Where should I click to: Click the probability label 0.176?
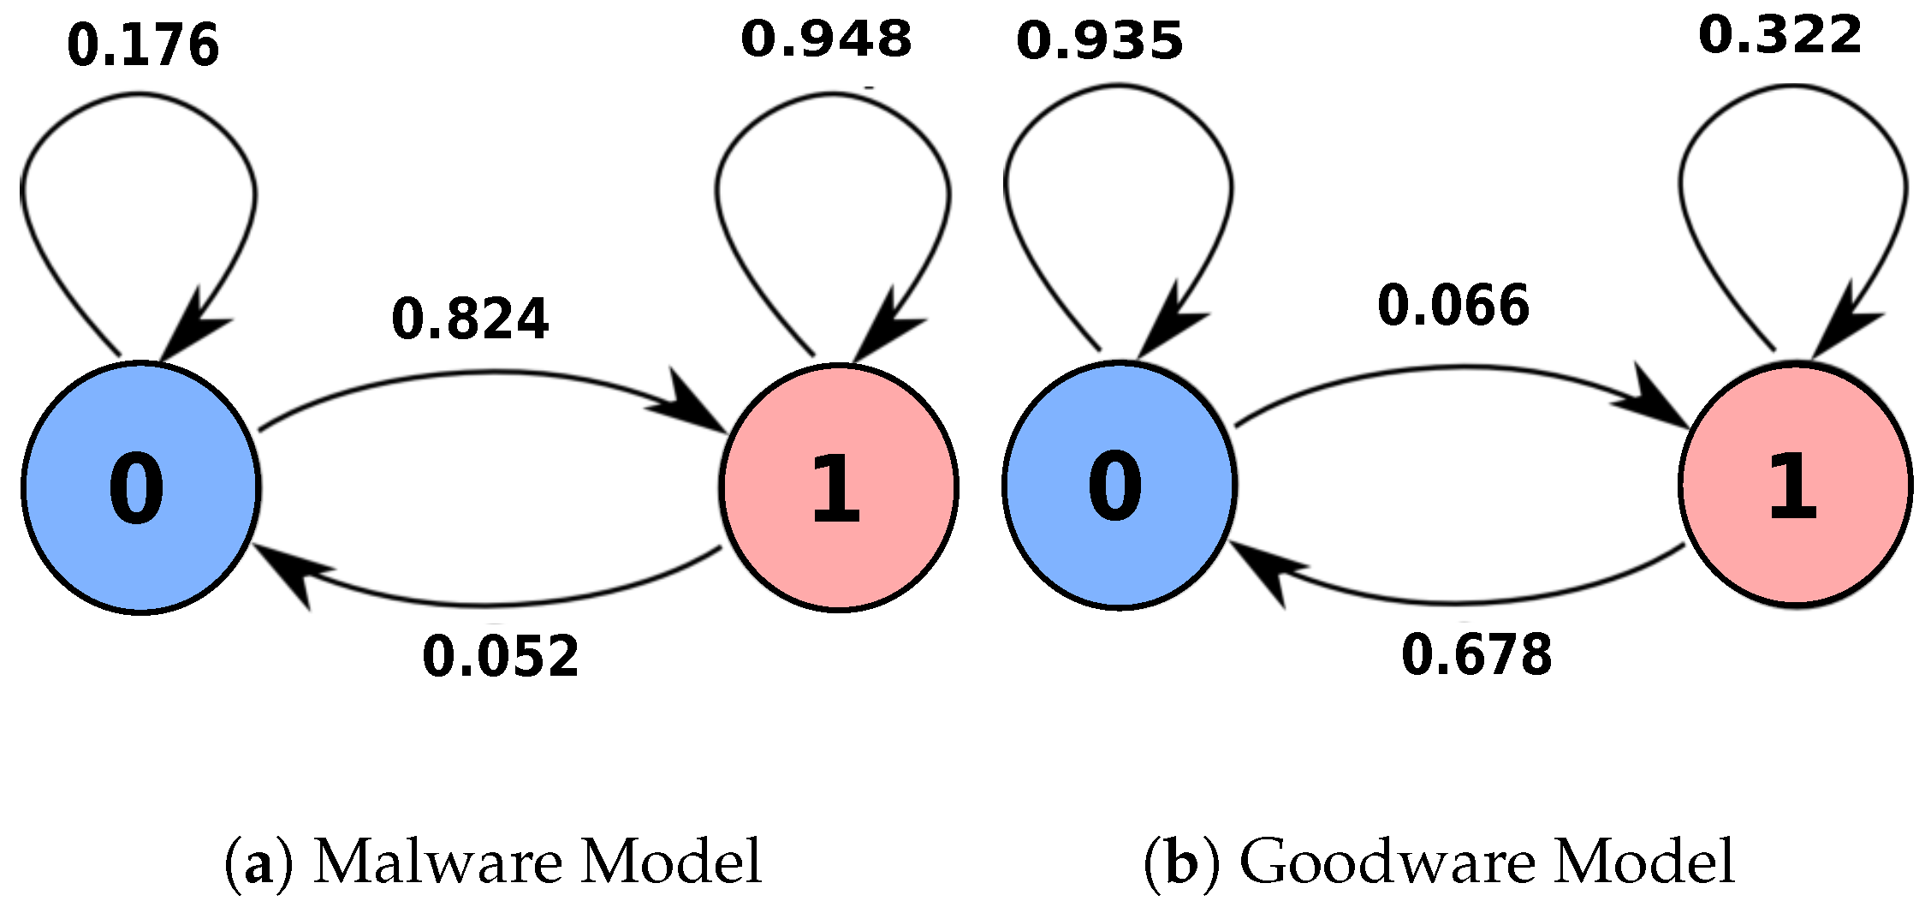(143, 46)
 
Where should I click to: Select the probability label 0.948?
(826, 39)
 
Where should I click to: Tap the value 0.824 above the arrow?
(470, 319)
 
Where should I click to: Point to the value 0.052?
(501, 658)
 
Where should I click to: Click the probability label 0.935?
(1100, 41)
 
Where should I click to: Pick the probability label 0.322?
(1779, 36)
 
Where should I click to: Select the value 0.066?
(1453, 306)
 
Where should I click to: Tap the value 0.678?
(1476, 656)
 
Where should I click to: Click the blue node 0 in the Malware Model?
(140, 487)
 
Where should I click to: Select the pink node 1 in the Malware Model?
(838, 487)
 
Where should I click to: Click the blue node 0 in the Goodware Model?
(1119, 485)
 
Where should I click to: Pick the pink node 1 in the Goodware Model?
(1795, 485)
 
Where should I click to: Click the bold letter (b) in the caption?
(1180, 863)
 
